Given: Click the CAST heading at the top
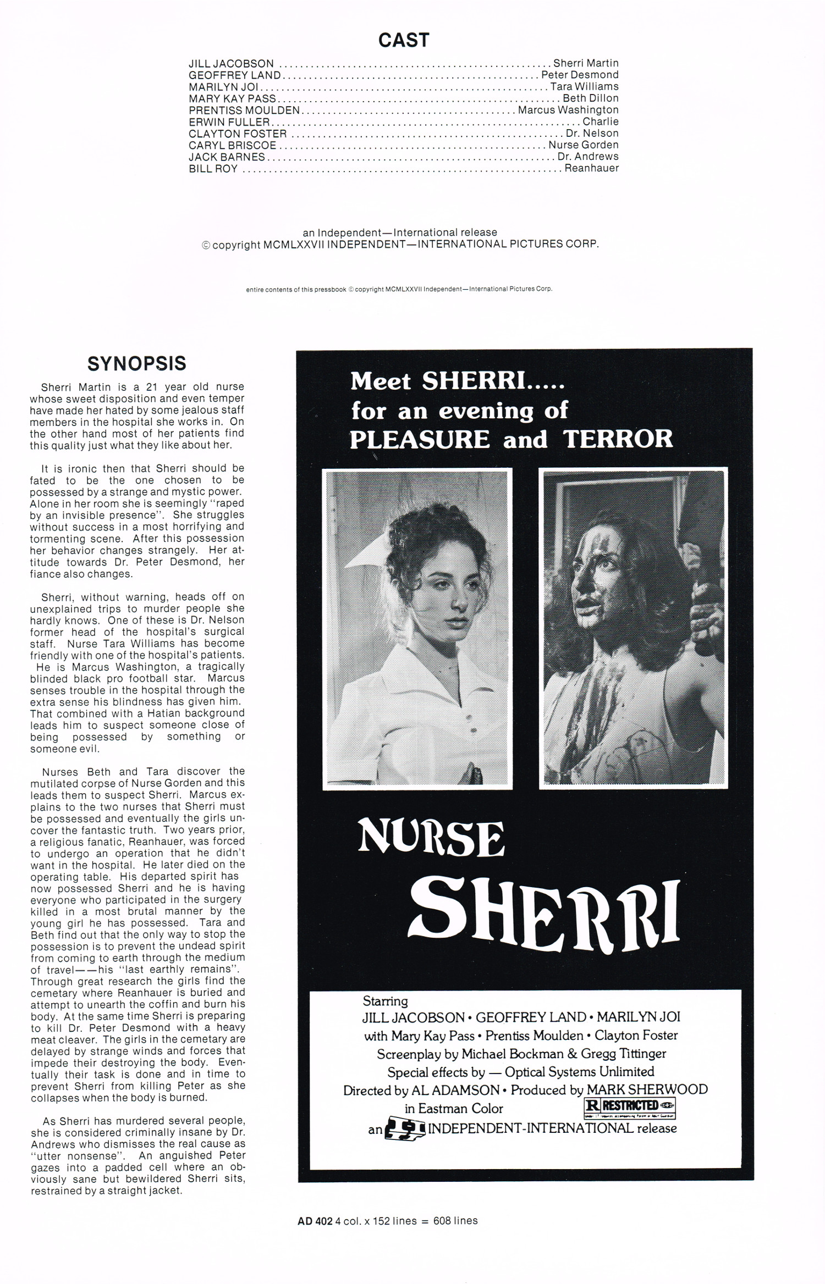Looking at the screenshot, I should pyautogui.click(x=403, y=40).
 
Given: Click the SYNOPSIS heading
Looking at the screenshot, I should pyautogui.click(x=137, y=363).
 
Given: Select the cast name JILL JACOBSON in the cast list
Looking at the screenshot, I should pyautogui.click(x=231, y=64).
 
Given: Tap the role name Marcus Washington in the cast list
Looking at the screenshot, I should pyautogui.click(x=568, y=110).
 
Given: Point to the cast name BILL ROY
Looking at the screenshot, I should pyautogui.click(x=213, y=169).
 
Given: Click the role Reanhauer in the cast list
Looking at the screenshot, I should pyautogui.click(x=591, y=168).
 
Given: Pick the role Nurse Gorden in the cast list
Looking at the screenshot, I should pyautogui.click(x=583, y=145).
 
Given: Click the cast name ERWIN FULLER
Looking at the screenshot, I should pyautogui.click(x=229, y=122).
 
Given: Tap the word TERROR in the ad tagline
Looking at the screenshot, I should pyautogui.click(x=618, y=439).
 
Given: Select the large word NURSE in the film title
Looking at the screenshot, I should pyautogui.click(x=431, y=840).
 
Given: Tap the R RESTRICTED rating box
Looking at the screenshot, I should pyautogui.click(x=629, y=1105).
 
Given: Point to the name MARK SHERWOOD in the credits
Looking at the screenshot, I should pyautogui.click(x=647, y=1089).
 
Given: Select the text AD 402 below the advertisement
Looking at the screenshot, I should pyautogui.click(x=315, y=1221).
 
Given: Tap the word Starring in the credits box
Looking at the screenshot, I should pyautogui.click(x=385, y=1001).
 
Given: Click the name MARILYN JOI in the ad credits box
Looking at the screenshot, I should pyautogui.click(x=639, y=1017).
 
